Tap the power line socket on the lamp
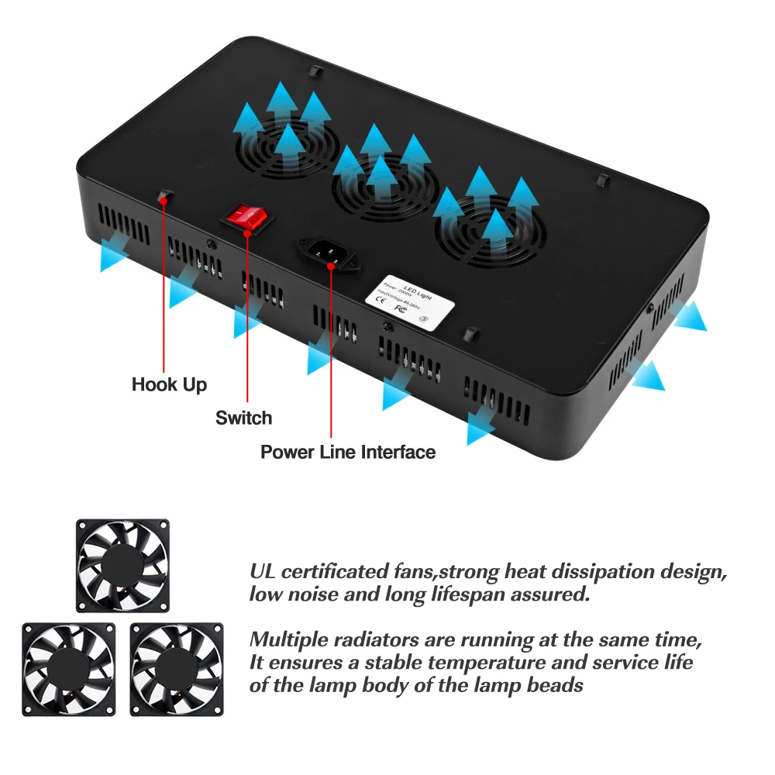[329, 255]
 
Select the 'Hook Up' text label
[169, 384]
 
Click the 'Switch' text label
[243, 418]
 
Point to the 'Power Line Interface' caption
[348, 452]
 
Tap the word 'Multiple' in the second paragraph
[288, 641]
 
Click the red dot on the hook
[164, 200]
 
